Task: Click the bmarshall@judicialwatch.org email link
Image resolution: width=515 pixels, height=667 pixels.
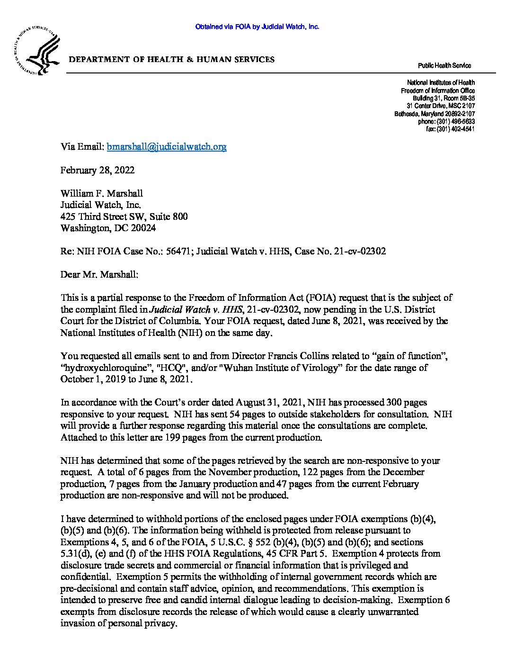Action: (x=167, y=147)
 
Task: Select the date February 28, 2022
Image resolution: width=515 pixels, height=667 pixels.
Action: (x=97, y=170)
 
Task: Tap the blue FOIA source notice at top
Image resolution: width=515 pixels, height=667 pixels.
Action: (x=257, y=27)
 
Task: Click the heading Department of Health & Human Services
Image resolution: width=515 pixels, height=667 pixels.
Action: (x=172, y=60)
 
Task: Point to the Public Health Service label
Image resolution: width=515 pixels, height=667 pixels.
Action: (x=444, y=66)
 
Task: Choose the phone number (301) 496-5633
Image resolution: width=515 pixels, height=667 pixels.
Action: (x=455, y=122)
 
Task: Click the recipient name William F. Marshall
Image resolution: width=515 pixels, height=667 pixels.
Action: (x=101, y=193)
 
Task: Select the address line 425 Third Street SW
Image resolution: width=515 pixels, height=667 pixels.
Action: (x=104, y=216)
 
